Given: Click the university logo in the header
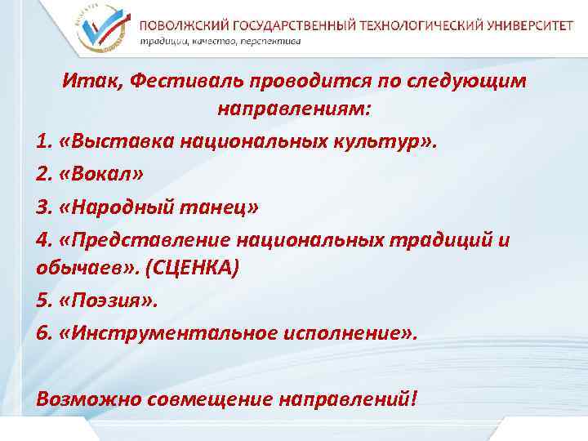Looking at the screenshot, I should [x=102, y=25].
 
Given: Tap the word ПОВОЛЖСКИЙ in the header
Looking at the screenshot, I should [x=181, y=24].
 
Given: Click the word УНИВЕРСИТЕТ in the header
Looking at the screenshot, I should [x=527, y=24].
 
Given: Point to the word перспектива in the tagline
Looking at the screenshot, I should [x=271, y=41].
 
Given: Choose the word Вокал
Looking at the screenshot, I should [x=107, y=175].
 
